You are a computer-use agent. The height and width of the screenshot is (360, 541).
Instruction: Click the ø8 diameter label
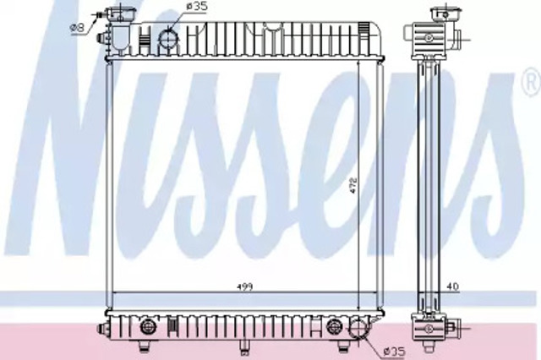point(77,28)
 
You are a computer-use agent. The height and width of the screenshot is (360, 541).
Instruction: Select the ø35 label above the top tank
point(197,7)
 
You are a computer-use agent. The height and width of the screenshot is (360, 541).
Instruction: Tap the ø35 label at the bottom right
point(395,352)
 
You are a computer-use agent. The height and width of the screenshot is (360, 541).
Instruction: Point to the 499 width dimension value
point(244,286)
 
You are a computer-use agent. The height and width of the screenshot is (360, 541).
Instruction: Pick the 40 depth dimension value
point(453,286)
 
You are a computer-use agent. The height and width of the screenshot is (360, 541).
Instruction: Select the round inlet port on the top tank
point(169,40)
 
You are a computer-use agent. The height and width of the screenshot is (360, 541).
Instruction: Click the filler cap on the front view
point(120,14)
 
